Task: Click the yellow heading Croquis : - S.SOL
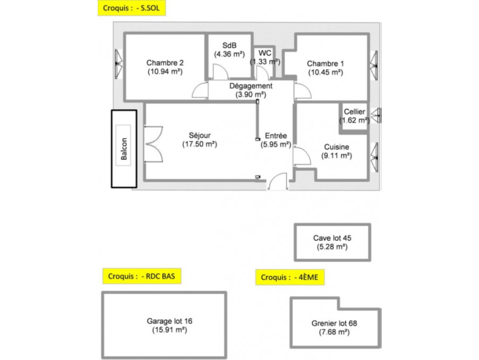pos(131,8)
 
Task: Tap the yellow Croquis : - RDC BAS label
pos(142,276)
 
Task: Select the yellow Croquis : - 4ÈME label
pos(289,277)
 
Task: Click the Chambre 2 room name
pos(165,63)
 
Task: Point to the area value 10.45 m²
pos(326,72)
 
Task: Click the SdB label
pos(229,46)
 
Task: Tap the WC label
pos(264,53)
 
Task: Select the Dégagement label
pos(251,86)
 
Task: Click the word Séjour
pos(200,135)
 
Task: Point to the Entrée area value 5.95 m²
pos(276,144)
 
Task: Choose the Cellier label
pos(354,112)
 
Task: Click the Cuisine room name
pos(336,147)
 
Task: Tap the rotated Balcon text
pos(124,149)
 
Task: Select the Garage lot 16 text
pos(169,321)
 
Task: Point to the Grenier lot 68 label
pos(334,323)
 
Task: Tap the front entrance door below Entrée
pos(278,182)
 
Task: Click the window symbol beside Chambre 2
pos(118,64)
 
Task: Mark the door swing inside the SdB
pos(220,72)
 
